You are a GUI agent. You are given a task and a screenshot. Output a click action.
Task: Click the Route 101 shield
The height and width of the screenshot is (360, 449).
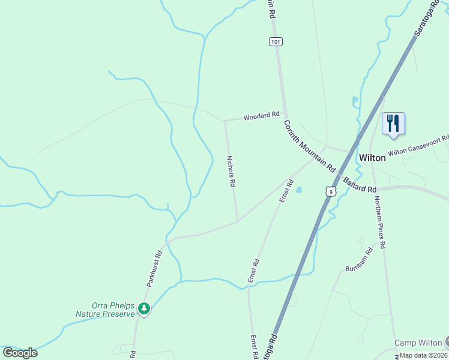pos(276,41)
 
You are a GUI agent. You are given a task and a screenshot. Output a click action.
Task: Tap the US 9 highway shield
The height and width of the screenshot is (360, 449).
pos(330,191)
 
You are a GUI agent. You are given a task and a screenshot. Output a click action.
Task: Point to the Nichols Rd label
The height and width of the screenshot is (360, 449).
pos(230,172)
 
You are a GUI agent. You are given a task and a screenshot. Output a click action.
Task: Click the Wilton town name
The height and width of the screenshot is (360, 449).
pos(372,158)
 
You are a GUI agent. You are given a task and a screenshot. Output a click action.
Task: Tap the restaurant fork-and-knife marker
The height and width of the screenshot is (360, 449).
pos(393,123)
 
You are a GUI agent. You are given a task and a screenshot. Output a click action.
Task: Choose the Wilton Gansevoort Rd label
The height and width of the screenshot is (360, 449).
pos(418,146)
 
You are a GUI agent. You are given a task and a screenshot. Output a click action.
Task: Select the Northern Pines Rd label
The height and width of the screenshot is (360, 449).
pos(381,223)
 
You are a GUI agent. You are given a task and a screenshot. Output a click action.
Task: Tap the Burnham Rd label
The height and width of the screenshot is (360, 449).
pos(359,260)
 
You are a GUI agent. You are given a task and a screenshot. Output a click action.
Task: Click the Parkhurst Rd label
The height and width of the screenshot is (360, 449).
pos(155,268)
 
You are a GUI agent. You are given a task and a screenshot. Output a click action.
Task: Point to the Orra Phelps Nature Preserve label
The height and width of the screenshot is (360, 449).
pos(105,308)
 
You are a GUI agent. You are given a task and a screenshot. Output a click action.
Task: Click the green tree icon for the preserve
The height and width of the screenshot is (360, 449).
pos(144,309)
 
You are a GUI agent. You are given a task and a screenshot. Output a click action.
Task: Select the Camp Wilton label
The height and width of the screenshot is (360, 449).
pos(418,343)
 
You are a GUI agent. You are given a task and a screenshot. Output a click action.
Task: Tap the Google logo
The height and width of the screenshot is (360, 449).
pos(20,352)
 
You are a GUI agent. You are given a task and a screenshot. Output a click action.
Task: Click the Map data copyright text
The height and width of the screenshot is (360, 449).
pos(423,355)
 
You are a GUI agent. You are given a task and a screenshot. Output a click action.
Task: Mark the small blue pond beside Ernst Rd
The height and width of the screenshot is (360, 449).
pos(298,190)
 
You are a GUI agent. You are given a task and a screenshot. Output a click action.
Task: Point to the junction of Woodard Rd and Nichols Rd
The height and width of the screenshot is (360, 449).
pos(225,121)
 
